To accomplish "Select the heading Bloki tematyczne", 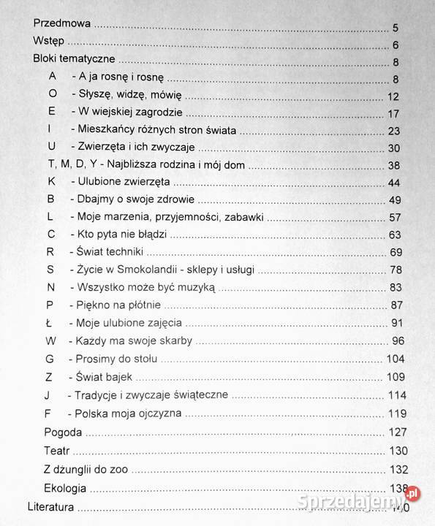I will [75, 61].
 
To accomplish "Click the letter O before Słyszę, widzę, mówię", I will [52, 95].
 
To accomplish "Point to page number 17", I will [393, 113].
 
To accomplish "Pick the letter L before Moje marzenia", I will [51, 216].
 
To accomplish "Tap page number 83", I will [392, 287].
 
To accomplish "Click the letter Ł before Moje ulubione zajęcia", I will [50, 322].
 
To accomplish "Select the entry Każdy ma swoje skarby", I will [133, 340].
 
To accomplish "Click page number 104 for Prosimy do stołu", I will [394, 359].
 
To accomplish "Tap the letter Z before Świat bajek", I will [50, 377].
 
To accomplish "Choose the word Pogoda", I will [63, 432].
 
